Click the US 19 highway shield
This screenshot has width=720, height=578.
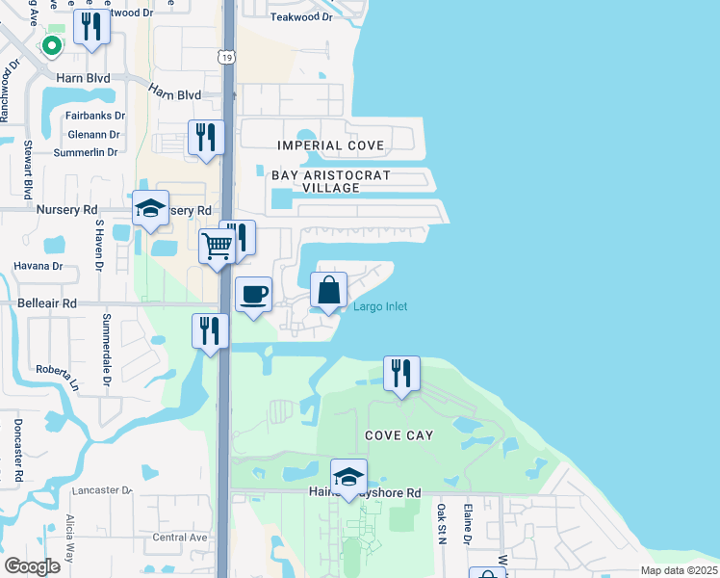tap(225, 58)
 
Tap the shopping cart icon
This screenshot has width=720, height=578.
tap(217, 247)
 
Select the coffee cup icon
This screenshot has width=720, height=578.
tap(253, 294)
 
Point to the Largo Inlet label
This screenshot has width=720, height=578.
tap(380, 306)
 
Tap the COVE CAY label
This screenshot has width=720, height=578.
tap(399, 435)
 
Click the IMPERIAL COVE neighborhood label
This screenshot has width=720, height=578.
tap(330, 145)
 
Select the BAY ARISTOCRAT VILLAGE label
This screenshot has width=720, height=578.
tap(331, 182)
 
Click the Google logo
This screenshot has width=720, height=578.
tap(32, 566)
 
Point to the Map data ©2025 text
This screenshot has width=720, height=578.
tap(679, 570)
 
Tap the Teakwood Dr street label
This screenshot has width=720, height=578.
tap(301, 17)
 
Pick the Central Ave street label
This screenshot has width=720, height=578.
tap(180, 538)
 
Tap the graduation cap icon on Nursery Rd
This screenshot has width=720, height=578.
tap(150, 209)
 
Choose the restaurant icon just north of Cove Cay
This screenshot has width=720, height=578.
tap(401, 372)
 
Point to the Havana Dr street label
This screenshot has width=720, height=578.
tap(39, 266)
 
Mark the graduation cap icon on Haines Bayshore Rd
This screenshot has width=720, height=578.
tap(348, 476)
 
